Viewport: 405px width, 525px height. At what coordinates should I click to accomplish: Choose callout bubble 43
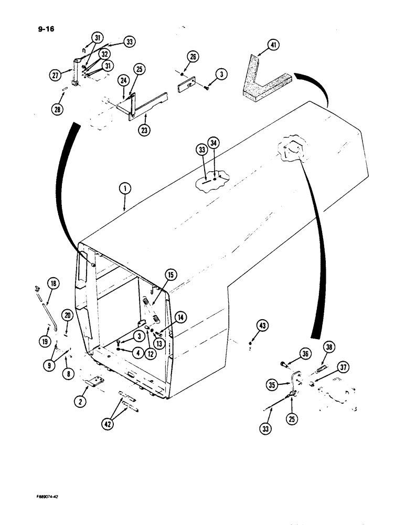coord(262,326)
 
